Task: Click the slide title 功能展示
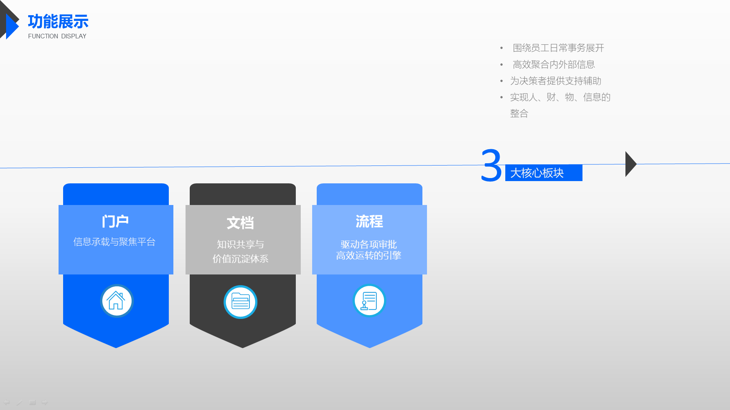(58, 22)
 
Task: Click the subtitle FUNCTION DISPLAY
(57, 36)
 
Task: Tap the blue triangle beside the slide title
(13, 27)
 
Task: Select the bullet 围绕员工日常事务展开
(559, 48)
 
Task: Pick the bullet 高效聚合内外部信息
(554, 65)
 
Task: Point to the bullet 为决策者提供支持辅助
(556, 81)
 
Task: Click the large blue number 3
(491, 166)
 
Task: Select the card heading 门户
(115, 221)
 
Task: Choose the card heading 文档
(240, 223)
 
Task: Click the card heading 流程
(369, 221)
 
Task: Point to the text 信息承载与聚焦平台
(114, 242)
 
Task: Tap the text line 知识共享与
(240, 244)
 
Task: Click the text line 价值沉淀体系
(240, 259)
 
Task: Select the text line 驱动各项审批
(369, 244)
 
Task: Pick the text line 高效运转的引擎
(369, 255)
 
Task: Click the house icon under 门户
(117, 301)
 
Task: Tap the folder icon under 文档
(240, 302)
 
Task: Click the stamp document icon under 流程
(369, 301)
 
